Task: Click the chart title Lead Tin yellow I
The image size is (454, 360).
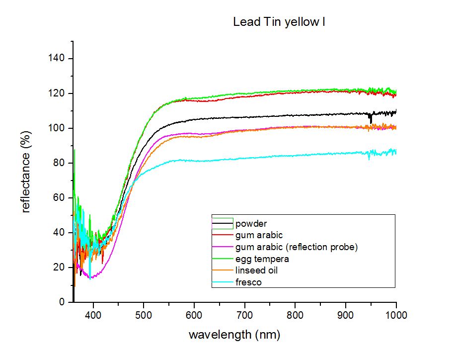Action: (x=279, y=22)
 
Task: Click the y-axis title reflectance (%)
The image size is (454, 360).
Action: (x=26, y=172)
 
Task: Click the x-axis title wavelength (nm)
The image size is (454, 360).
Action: (x=234, y=335)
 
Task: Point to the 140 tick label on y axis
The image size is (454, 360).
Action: (x=56, y=58)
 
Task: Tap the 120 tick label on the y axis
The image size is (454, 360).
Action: (x=56, y=93)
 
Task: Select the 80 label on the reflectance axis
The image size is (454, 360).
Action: (x=59, y=163)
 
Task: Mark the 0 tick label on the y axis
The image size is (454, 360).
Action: (x=62, y=302)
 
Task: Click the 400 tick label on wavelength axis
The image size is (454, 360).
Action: (x=93, y=315)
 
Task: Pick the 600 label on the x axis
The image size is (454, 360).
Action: (x=194, y=315)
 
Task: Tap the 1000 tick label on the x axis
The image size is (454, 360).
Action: (x=396, y=315)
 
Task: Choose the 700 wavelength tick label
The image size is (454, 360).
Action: (x=245, y=315)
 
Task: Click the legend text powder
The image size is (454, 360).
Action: (x=251, y=224)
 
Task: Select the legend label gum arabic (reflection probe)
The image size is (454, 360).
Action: (x=297, y=247)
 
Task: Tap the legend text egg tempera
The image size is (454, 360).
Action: (x=262, y=259)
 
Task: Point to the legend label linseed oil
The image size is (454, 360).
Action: (x=256, y=270)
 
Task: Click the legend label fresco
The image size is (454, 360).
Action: (x=248, y=282)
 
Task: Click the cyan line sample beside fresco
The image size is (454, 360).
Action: (x=223, y=282)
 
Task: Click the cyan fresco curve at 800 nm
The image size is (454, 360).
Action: (x=295, y=156)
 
